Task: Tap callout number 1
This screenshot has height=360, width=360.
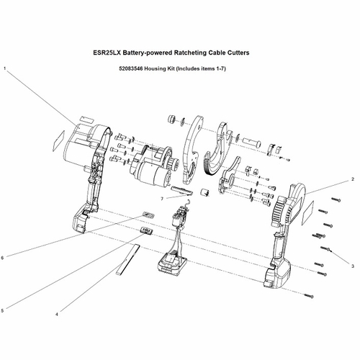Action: (x=6, y=69)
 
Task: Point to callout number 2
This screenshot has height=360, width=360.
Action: (x=353, y=178)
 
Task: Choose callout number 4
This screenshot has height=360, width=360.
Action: (x=57, y=312)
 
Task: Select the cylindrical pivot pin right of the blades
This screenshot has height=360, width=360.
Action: (x=252, y=136)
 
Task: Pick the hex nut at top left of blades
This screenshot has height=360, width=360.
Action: (x=171, y=117)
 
